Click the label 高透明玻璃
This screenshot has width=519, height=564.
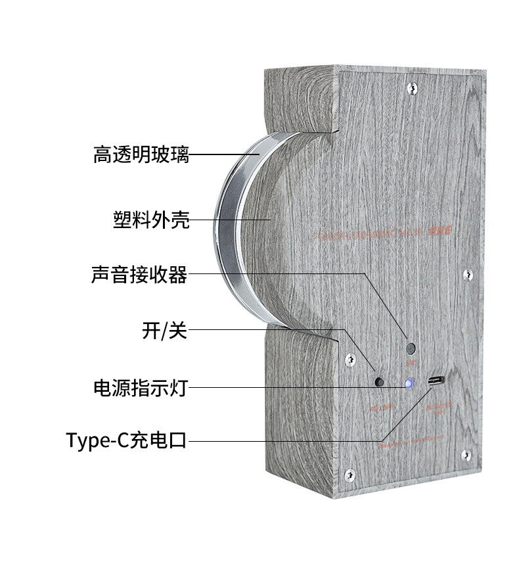click(141, 155)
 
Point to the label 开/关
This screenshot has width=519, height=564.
click(164, 330)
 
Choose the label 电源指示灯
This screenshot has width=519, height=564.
click(141, 387)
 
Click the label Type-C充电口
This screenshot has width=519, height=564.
click(126, 440)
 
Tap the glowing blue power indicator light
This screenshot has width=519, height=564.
click(408, 383)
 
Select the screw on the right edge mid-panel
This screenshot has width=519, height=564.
click(468, 273)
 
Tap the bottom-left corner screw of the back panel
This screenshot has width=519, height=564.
click(350, 473)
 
